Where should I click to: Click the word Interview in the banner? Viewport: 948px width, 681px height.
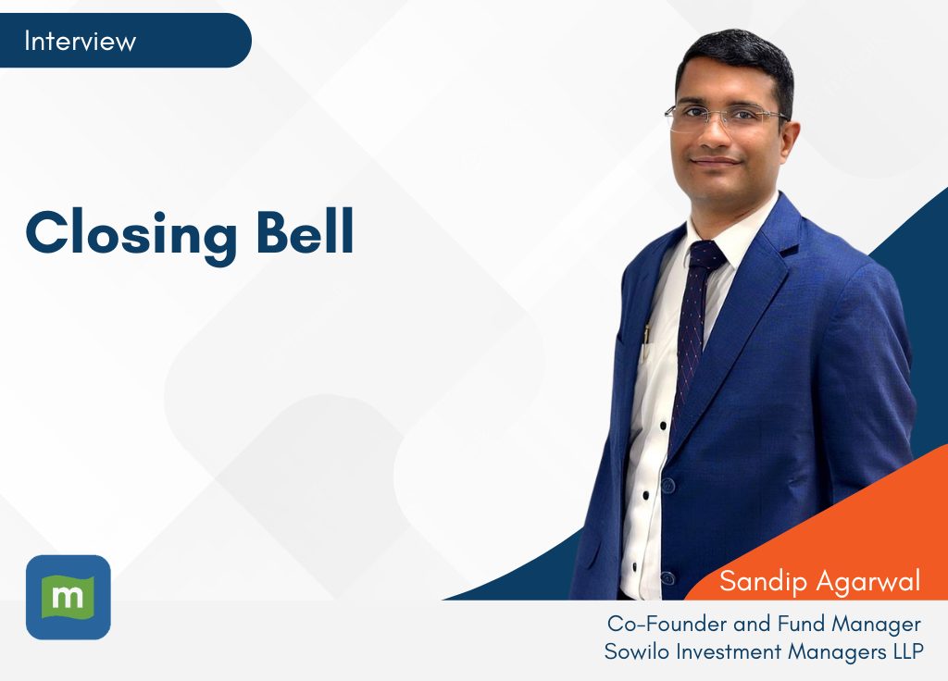point(80,41)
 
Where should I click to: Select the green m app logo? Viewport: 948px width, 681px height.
point(69,597)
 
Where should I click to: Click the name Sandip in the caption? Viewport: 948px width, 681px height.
point(763,582)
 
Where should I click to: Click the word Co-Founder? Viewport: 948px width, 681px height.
point(667,624)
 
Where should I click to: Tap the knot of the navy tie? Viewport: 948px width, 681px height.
point(705,254)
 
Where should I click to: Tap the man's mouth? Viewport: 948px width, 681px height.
point(716,161)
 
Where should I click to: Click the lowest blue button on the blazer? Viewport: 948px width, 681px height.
point(668,576)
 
